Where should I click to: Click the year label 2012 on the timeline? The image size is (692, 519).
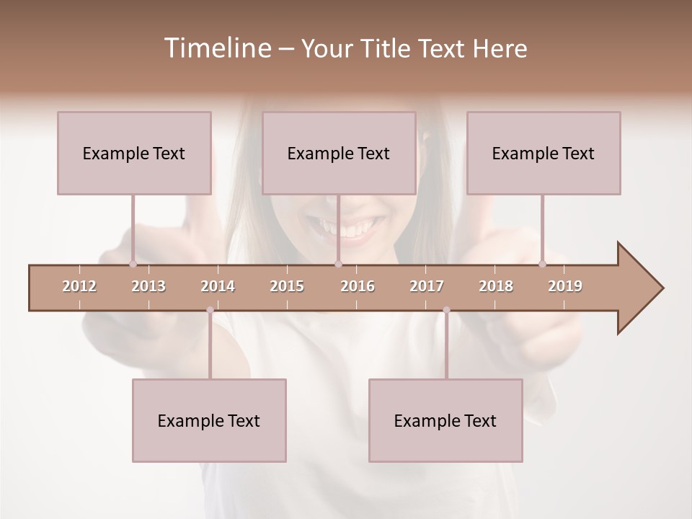[79, 286]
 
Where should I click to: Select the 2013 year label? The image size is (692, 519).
[148, 286]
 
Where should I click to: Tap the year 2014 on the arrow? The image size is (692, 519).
[218, 286]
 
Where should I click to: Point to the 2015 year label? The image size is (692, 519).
[287, 286]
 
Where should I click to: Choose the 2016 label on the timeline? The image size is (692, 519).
[358, 286]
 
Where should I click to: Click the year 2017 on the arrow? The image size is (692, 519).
[427, 286]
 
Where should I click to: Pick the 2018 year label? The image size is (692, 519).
[496, 286]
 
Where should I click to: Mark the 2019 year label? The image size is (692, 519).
[565, 286]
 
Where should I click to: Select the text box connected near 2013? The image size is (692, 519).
[134, 153]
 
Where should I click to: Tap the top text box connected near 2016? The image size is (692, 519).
[339, 153]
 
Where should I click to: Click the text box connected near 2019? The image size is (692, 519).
[544, 153]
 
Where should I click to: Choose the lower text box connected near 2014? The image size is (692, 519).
[209, 420]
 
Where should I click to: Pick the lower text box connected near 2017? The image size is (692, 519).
[445, 420]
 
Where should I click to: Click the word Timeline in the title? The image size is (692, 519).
[216, 48]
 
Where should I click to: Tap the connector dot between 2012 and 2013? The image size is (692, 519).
[133, 264]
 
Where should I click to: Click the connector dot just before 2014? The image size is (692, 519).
[210, 310]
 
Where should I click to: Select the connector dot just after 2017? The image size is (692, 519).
[446, 310]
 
